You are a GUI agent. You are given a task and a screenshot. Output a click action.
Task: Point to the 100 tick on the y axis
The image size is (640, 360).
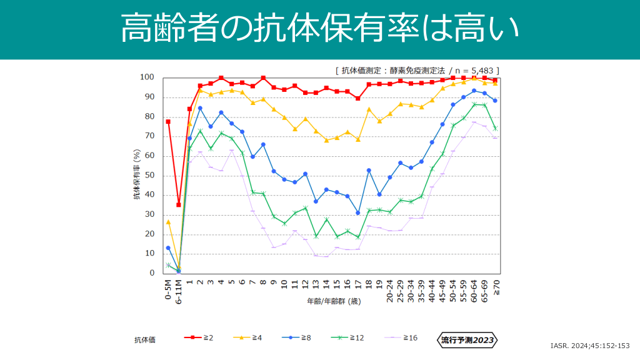click(x=147, y=77)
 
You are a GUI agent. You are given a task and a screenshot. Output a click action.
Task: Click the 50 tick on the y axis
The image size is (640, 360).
click(x=149, y=176)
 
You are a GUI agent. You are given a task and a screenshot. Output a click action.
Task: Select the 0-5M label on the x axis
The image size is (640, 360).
click(x=168, y=288)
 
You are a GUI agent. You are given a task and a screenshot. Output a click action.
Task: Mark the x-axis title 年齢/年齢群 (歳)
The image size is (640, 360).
click(x=332, y=301)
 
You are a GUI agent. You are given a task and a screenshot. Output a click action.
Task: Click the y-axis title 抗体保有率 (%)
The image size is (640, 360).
click(x=137, y=176)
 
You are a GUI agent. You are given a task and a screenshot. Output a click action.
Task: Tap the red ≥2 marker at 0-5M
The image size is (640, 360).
click(x=168, y=121)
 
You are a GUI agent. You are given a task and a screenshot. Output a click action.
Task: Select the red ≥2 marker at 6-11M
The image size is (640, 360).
click(x=179, y=204)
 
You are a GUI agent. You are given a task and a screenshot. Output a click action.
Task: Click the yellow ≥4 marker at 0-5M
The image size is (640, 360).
click(x=168, y=222)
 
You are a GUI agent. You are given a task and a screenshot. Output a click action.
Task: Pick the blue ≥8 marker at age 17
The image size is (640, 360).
click(x=358, y=212)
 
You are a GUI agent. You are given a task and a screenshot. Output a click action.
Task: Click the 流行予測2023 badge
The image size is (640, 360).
click(x=467, y=340)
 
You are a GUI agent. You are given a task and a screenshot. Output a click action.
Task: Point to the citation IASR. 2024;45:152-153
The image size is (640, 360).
click(x=589, y=346)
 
